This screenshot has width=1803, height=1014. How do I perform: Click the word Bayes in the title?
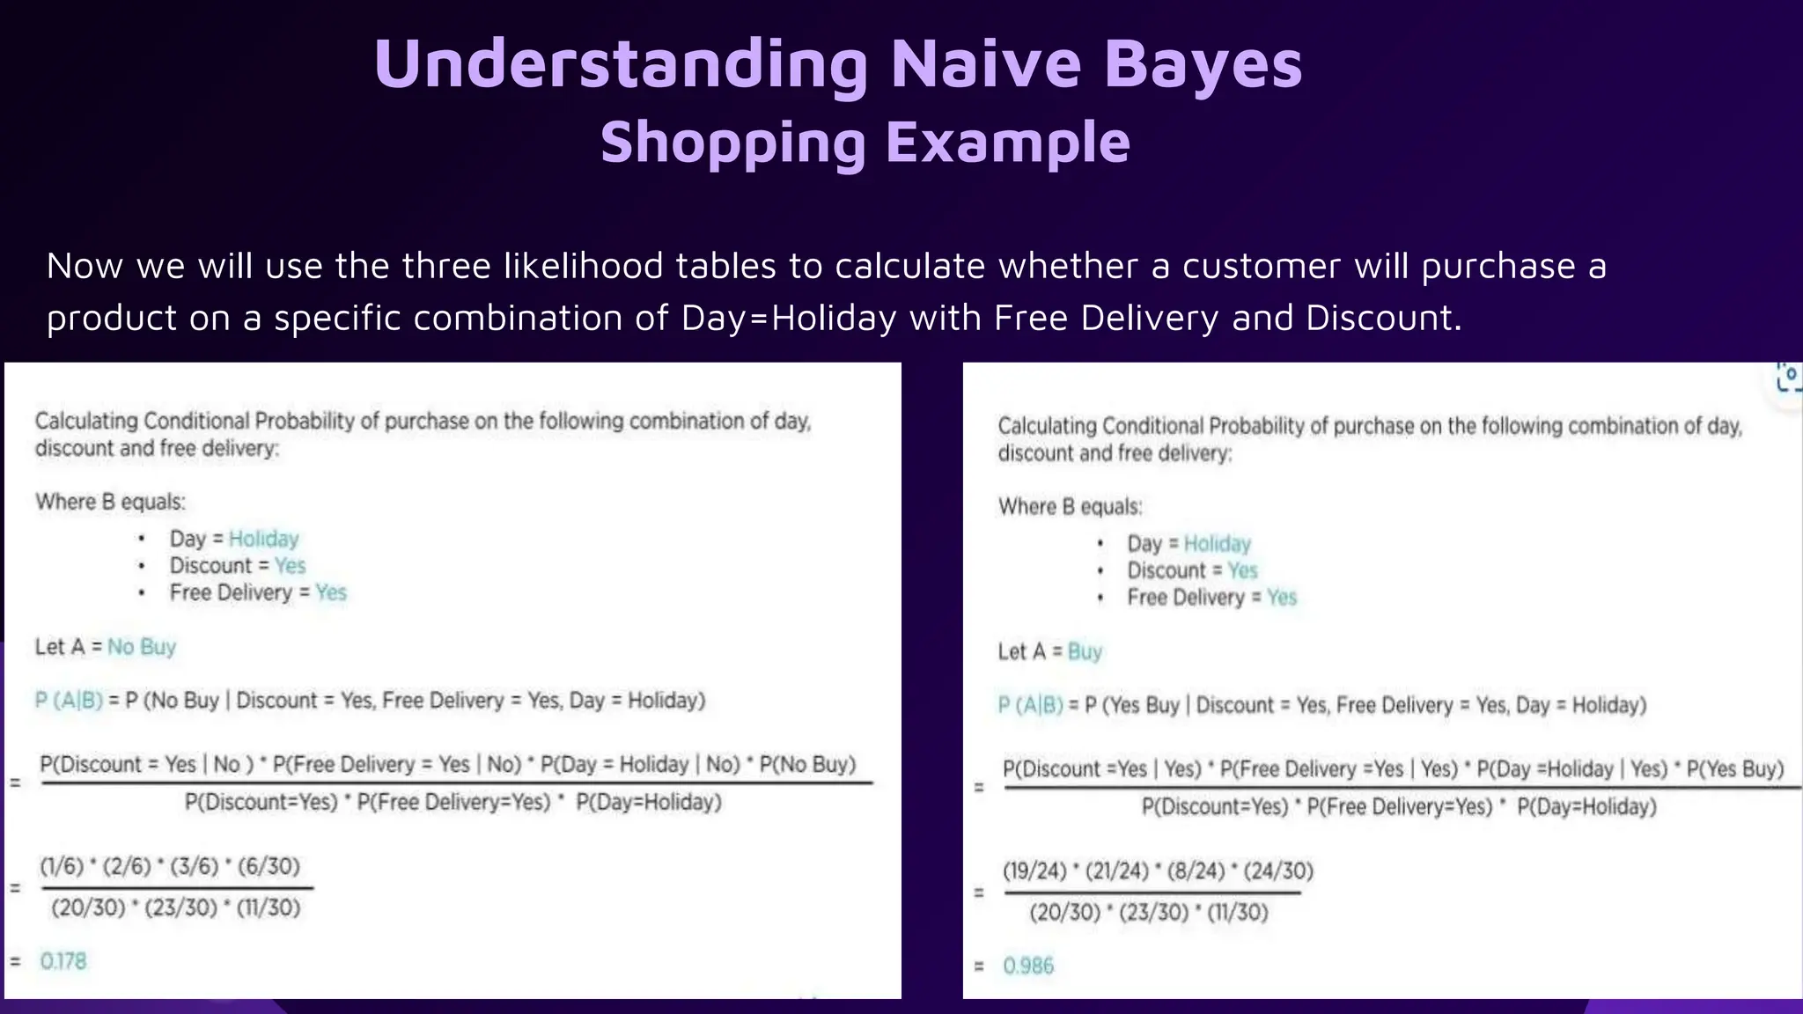tap(1203, 64)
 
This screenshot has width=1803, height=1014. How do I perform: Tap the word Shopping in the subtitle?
tap(732, 143)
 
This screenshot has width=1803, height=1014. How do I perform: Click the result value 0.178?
tap(63, 961)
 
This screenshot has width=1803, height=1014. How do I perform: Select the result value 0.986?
tap(1028, 966)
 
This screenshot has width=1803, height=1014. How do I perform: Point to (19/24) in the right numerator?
tap(1034, 871)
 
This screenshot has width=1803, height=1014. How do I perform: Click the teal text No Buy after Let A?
tap(142, 647)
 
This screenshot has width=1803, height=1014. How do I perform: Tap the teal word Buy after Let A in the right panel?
tap(1085, 652)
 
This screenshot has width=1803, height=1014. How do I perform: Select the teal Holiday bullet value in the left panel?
tap(263, 539)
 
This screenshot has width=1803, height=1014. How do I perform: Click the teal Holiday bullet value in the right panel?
tap(1217, 544)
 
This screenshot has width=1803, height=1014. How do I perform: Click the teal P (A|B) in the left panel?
tap(69, 701)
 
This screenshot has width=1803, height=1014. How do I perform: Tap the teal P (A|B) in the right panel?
tap(1030, 705)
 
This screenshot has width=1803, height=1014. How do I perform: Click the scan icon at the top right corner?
tap(1789, 377)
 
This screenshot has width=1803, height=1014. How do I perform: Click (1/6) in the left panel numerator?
tap(62, 866)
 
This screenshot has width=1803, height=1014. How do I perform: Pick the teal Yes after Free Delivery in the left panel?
tap(331, 592)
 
